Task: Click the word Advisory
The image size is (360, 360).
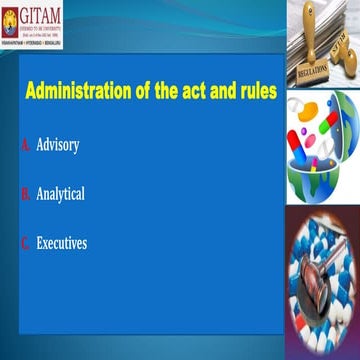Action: click(x=58, y=145)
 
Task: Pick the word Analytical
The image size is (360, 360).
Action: click(x=60, y=194)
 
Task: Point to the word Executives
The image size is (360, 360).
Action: click(x=61, y=242)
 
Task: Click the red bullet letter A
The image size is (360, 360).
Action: click(x=25, y=145)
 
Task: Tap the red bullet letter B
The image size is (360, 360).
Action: click(x=25, y=194)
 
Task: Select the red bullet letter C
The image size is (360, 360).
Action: click(x=25, y=242)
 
